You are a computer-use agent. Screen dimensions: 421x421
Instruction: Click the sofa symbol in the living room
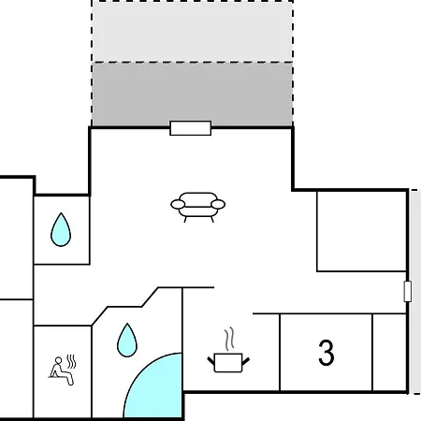[x=197, y=207]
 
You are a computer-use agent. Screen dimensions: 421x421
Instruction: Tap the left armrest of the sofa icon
[x=178, y=205]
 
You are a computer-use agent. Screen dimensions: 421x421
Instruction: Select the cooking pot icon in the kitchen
[x=228, y=363]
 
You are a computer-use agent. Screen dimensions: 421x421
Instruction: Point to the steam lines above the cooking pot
[x=229, y=339]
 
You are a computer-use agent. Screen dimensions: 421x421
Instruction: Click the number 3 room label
[x=327, y=353]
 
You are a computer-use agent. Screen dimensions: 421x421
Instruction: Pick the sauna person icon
[x=62, y=370]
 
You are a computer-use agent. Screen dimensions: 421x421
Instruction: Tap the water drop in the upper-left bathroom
[x=61, y=230]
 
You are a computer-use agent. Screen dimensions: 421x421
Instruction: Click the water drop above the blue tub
[x=127, y=341]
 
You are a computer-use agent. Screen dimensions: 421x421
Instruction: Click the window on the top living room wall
[x=191, y=128]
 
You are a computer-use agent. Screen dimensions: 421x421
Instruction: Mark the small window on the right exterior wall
[x=407, y=291]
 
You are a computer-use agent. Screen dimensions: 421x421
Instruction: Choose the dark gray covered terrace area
[x=192, y=94]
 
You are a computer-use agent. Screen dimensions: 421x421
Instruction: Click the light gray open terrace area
[x=192, y=31]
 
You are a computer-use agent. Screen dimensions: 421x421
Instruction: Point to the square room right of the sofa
[x=362, y=231]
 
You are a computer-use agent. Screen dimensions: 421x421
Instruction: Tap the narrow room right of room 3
[x=389, y=352]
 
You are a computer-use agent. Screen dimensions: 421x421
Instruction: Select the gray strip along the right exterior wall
[x=415, y=292]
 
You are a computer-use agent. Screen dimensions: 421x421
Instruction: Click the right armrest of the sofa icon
[x=218, y=205]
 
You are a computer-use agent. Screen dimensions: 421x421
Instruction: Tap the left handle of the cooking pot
[x=211, y=361]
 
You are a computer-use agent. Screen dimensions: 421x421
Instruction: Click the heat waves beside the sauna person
[x=71, y=361]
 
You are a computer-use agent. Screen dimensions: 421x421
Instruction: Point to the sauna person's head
[x=58, y=360]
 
